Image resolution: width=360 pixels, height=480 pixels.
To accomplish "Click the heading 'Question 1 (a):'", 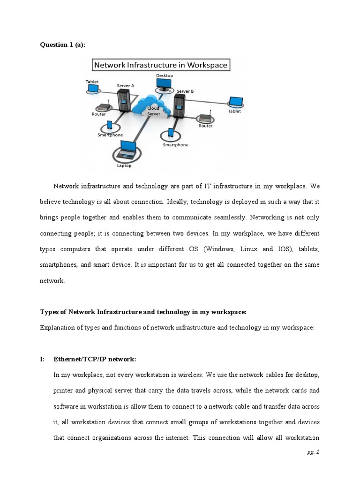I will click(64, 45).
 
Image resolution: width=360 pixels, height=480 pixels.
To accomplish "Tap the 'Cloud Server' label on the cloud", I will click(154, 111).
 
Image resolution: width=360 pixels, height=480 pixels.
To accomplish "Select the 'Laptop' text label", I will click(124, 165).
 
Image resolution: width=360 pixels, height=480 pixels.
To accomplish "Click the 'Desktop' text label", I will click(164, 75).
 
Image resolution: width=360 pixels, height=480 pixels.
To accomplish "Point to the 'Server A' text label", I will click(126, 86).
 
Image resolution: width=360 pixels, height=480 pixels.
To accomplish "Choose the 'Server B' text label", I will click(185, 91).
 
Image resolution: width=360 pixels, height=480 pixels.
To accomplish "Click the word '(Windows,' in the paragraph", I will click(220, 249).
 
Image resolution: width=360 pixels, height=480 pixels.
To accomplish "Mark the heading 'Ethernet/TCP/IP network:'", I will click(95, 359).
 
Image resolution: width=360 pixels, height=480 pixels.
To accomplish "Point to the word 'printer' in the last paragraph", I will click(65, 391).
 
